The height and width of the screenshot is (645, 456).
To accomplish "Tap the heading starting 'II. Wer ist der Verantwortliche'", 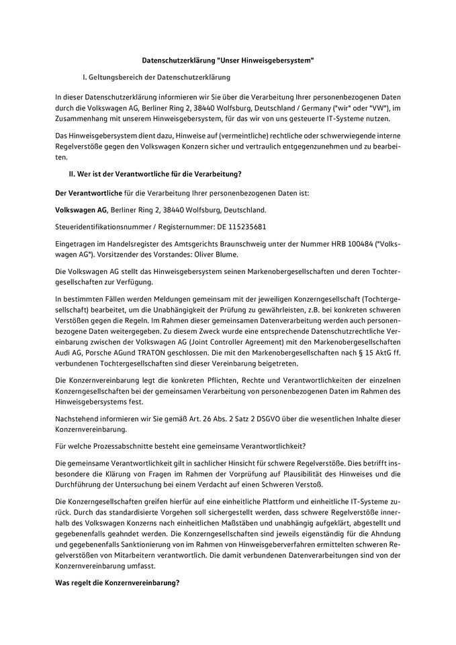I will pyautogui.click(x=150, y=175).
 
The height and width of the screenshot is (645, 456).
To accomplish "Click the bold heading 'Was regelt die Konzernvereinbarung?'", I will pyautogui.click(x=118, y=582).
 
